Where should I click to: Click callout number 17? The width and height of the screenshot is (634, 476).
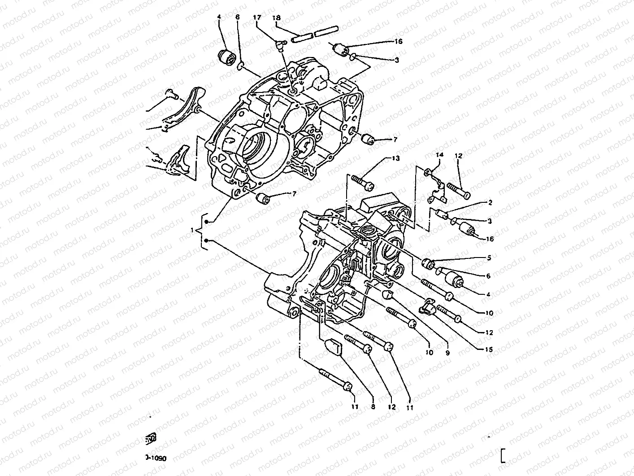(257, 17)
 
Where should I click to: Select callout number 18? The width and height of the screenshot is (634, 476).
(277, 17)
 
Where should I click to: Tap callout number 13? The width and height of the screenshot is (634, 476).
(395, 158)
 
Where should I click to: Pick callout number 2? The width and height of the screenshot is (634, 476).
(490, 203)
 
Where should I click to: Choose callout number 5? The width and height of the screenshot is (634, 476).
(489, 258)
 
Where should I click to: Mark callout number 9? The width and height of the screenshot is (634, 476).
(447, 353)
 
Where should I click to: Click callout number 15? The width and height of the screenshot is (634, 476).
(488, 349)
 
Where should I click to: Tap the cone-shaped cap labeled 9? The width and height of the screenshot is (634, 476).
(387, 294)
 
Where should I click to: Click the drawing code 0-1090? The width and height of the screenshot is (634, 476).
(156, 458)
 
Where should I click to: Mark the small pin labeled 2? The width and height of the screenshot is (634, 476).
(443, 213)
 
